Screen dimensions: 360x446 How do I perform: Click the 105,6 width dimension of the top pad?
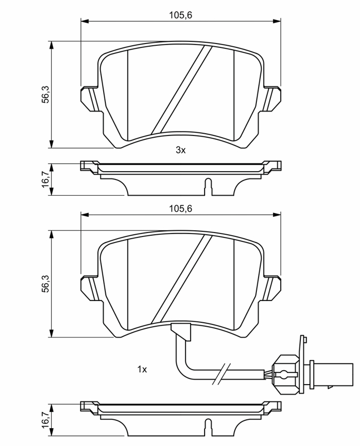click(x=181, y=15)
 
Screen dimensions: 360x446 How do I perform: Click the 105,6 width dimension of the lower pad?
click(x=181, y=209)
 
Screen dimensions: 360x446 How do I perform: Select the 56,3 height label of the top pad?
click(x=46, y=94)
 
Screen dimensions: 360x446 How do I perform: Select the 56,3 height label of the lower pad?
click(x=46, y=284)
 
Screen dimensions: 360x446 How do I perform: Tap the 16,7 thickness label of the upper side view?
click(x=46, y=179)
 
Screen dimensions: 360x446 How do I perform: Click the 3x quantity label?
click(x=181, y=150)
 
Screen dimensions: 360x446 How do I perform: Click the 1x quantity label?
click(x=142, y=370)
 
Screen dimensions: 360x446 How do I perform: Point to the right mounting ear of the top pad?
click(x=273, y=98)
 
